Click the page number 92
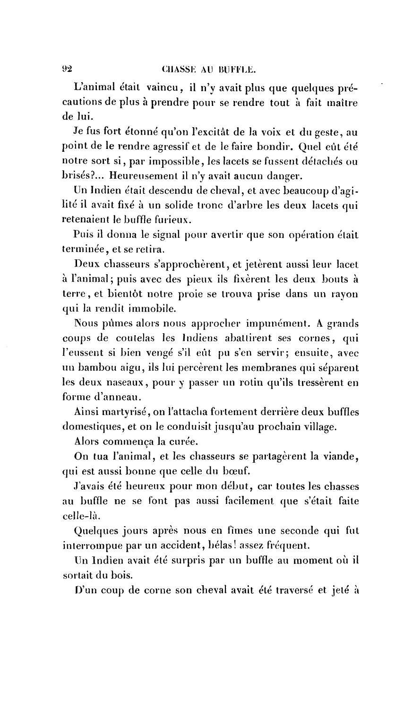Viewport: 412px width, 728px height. pyautogui.click(x=67, y=69)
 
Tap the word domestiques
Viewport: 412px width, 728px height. pyautogui.click(x=93, y=427)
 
